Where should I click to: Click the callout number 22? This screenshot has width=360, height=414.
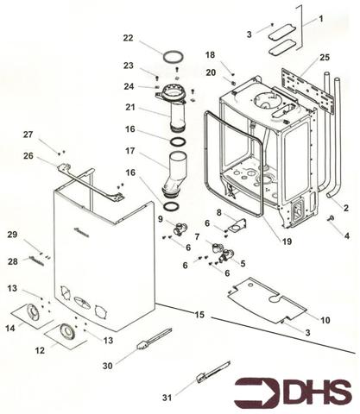click(x=129, y=38)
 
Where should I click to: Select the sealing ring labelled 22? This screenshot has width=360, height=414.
click(x=174, y=53)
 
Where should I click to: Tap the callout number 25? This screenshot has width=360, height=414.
click(x=325, y=58)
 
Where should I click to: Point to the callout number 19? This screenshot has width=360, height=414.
click(x=287, y=241)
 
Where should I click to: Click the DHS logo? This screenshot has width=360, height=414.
click(x=293, y=392)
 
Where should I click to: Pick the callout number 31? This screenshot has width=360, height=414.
click(x=167, y=398)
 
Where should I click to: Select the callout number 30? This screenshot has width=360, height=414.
click(x=108, y=366)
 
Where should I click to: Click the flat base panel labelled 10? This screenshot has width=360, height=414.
click(x=267, y=300)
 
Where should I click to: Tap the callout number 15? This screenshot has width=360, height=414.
click(x=199, y=315)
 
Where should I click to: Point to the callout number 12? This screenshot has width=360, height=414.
click(x=40, y=350)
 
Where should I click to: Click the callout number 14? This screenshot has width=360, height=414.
click(x=10, y=328)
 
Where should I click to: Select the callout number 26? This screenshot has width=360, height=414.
click(x=28, y=156)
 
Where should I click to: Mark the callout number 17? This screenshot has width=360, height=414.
click(x=130, y=151)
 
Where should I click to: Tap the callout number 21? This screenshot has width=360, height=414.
click(x=130, y=107)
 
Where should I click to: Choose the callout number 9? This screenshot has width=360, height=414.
click(x=161, y=219)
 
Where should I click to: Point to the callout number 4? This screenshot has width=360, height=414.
click(x=347, y=236)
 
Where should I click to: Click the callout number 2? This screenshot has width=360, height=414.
click(x=345, y=208)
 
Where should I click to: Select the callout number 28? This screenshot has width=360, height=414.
click(x=12, y=261)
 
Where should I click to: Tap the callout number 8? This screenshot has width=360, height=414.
click(x=219, y=213)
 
